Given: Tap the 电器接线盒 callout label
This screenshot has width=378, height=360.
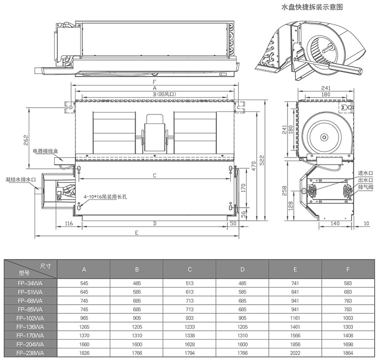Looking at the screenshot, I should coord(45,151).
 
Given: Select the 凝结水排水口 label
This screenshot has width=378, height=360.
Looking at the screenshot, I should coord(21,179).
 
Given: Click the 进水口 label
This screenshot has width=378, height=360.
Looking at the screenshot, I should coord(366,173).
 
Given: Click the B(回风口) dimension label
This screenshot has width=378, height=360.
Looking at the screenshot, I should coord(155,94).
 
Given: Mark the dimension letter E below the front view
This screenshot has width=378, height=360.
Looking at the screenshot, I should coord(137,233).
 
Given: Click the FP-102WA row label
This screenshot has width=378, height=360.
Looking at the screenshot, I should coord(31,318).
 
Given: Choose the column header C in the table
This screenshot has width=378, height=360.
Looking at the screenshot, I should coord(189,269).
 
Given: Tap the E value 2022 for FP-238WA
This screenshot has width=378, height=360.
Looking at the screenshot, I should coord(295,352).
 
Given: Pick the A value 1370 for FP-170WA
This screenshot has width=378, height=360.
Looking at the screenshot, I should coord(84,335).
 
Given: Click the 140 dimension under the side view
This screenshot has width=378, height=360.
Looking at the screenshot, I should coord(335,224).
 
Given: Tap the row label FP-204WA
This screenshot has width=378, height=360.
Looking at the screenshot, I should coord(31,344).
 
